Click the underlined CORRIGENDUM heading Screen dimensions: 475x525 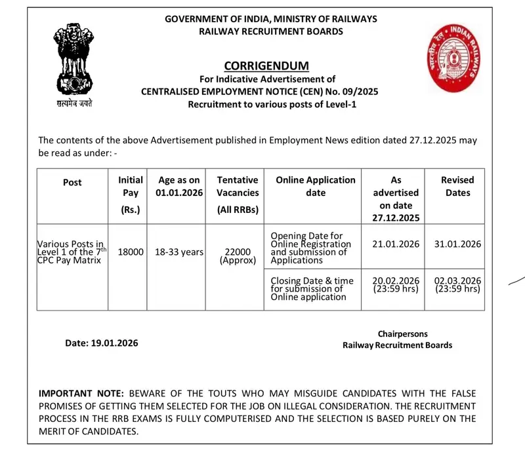(x=266, y=66)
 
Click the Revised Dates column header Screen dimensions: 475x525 (x=457, y=186)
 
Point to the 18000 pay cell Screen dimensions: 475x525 (x=131, y=252)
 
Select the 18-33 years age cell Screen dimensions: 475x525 (x=179, y=252)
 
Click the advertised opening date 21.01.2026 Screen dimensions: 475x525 (x=396, y=244)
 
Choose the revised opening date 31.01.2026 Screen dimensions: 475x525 (x=457, y=244)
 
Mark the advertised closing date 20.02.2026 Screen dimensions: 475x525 (x=396, y=280)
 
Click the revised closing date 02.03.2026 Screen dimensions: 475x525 (x=457, y=280)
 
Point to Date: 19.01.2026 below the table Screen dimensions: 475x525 (x=102, y=343)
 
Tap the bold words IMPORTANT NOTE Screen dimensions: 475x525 (x=81, y=394)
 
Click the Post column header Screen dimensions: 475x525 (x=72, y=182)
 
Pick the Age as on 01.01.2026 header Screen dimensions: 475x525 (x=179, y=186)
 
